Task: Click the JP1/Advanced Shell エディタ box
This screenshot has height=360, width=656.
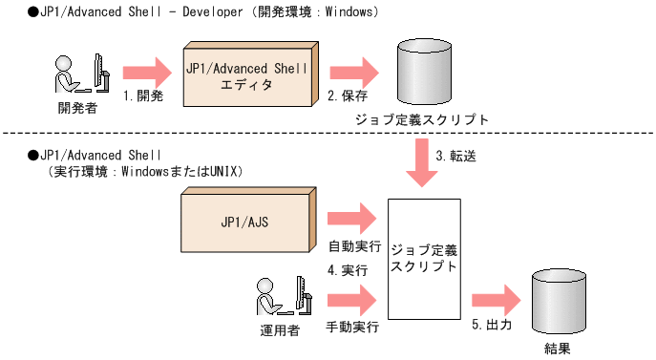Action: pos(246,74)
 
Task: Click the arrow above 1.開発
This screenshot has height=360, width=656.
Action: pos(145,73)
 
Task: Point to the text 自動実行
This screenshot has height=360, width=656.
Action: pos(353,244)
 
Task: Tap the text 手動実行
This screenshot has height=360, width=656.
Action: pos(353,328)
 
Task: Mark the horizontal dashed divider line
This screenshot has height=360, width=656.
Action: pos(191,134)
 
